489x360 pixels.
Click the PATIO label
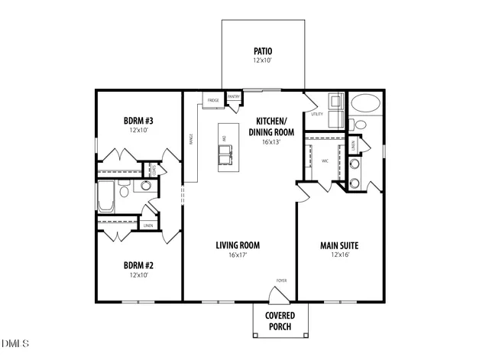(263, 51)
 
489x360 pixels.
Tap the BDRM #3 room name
(139, 120)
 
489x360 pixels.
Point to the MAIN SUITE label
(339, 245)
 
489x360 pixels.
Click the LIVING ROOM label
(238, 245)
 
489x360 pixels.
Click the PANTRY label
(235, 97)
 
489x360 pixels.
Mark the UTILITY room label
(317, 114)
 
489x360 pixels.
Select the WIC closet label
(325, 161)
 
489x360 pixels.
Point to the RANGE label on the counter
(191, 138)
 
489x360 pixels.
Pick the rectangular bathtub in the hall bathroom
(106, 196)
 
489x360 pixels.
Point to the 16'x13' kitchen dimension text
(271, 141)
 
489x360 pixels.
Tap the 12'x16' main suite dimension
(339, 255)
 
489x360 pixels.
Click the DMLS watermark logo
(15, 343)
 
